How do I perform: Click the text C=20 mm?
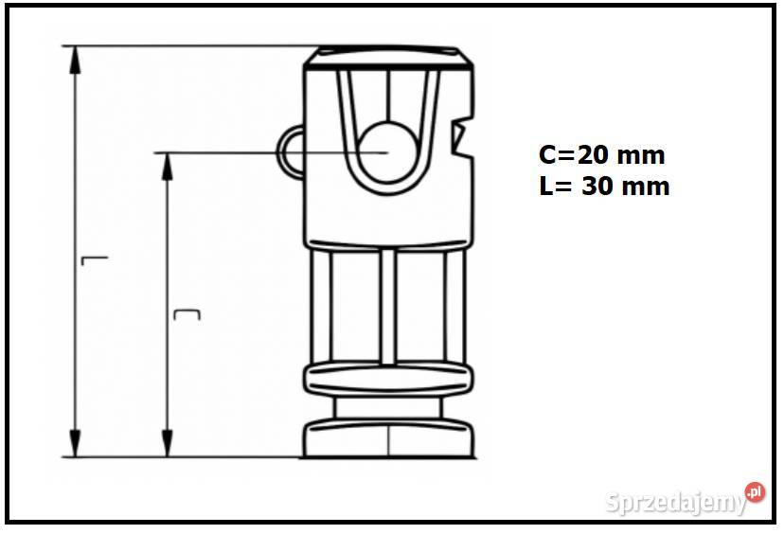(602, 155)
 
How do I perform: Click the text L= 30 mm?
(604, 187)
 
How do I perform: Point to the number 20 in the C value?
(594, 155)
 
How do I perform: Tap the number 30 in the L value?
(598, 187)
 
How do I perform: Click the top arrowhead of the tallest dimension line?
(75, 60)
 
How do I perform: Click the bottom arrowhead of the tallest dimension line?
(75, 443)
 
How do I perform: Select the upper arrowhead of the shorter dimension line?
(168, 167)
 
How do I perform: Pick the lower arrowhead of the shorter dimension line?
(168, 443)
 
